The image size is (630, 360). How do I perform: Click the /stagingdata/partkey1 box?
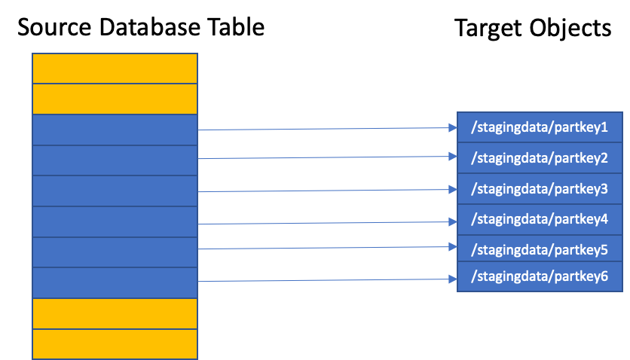point(539,127)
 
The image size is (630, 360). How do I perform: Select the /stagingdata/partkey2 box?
point(539,158)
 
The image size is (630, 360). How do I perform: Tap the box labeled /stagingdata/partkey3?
point(539,189)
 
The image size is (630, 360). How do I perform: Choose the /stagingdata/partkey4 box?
point(539,219)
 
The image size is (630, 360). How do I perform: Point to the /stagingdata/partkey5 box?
point(539,249)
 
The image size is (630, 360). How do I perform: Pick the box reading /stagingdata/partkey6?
point(539,276)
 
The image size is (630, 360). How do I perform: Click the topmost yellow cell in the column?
point(115,69)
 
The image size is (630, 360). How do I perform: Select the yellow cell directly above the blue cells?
point(115,99)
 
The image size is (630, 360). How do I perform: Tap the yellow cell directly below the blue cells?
point(115,313)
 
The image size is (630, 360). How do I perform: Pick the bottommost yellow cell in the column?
point(115,344)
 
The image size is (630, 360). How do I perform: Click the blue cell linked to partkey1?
point(115,130)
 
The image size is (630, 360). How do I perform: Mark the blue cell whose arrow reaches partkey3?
point(115,191)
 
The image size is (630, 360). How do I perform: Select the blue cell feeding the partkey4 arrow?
point(115,221)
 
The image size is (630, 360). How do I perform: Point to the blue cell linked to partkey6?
point(115,282)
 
